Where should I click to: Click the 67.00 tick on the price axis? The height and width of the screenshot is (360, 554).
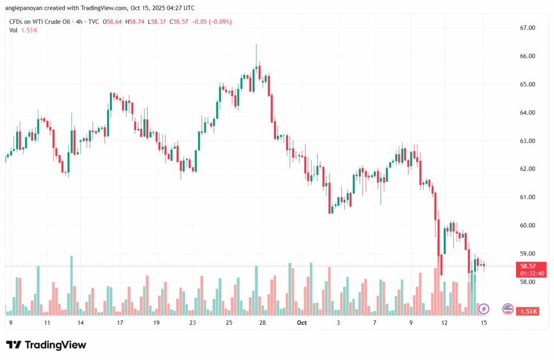pos(527,28)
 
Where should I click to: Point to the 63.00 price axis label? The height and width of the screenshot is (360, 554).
pos(527,141)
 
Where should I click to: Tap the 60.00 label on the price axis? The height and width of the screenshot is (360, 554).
pos(527,225)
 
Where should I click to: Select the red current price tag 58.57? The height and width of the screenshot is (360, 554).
pos(528,266)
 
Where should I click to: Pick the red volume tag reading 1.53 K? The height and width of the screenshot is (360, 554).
pos(528,311)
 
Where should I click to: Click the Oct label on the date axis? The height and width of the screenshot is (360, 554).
pos(301,323)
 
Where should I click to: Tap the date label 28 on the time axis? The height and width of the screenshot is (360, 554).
pos(262,323)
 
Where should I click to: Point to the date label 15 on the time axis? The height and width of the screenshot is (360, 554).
pos(484,323)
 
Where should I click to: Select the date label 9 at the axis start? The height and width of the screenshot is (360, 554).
pos(10,323)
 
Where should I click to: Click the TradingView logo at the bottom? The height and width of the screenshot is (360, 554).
pos(47,345)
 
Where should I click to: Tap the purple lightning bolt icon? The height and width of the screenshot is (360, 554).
pos(484,309)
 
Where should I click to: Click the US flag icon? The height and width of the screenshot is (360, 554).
pos(507,309)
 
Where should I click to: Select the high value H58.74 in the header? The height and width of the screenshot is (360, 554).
pos(135,22)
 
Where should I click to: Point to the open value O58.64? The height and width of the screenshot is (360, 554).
pos(113,22)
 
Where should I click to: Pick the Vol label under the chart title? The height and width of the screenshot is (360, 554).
pos(13,30)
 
